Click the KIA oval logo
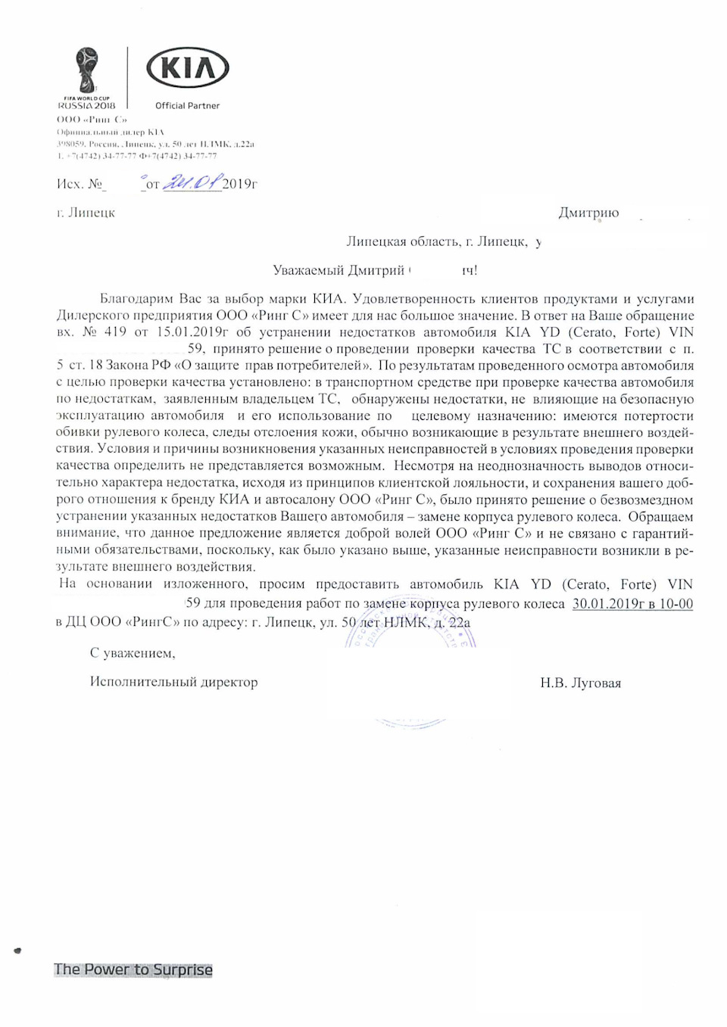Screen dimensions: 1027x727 click(x=187, y=69)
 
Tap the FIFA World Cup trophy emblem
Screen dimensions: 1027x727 click(x=86, y=69)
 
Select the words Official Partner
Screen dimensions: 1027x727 click(x=187, y=106)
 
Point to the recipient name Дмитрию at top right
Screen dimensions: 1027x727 click(x=588, y=213)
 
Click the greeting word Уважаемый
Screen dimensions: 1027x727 click(x=308, y=270)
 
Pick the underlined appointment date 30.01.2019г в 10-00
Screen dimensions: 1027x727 click(x=632, y=604)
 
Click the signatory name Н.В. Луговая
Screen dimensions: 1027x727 click(x=580, y=683)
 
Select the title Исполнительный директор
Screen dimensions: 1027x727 click(x=173, y=682)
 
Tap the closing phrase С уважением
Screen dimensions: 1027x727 click(x=133, y=652)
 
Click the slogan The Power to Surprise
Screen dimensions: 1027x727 click(x=133, y=969)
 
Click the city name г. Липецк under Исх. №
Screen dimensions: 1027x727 click(x=86, y=213)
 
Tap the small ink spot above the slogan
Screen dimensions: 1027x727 click(x=17, y=950)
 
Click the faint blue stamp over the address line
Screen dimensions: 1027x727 click(x=410, y=632)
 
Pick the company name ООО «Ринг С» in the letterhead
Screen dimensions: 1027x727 click(x=92, y=120)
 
